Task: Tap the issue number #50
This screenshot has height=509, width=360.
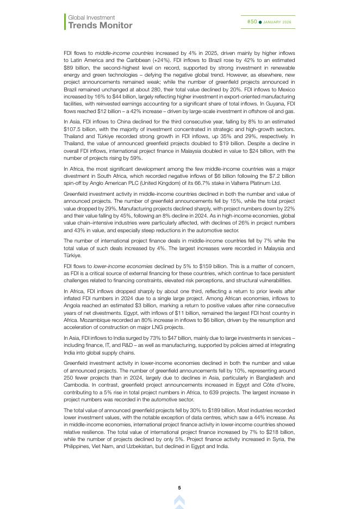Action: [x=252, y=22]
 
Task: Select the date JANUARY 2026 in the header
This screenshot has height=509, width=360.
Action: [x=277, y=22]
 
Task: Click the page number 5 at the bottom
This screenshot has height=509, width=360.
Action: [x=179, y=488]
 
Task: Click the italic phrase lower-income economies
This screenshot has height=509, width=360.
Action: [x=121, y=266]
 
